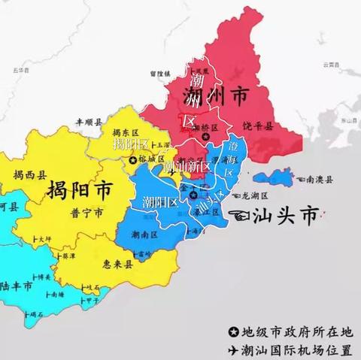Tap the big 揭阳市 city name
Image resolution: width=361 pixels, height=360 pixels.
click(x=78, y=189)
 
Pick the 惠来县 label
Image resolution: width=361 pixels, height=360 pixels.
click(x=138, y=263)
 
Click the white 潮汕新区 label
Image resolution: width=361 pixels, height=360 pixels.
click(x=187, y=165)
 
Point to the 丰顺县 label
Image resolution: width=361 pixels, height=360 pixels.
click(x=88, y=119)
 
